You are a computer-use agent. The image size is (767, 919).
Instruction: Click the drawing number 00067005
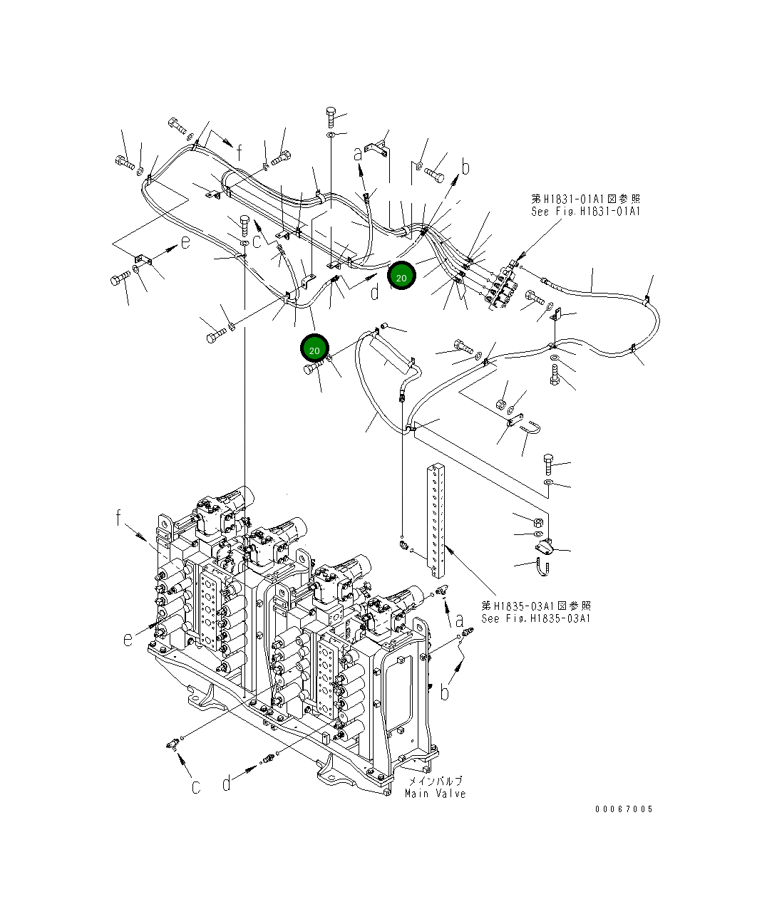[624, 809]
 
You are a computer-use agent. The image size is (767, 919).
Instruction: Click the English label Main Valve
[435, 794]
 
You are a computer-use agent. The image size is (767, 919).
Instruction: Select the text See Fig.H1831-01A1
[585, 212]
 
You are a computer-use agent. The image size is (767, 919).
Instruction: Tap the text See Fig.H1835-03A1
[535, 618]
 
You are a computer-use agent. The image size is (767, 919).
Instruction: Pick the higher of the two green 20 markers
[401, 276]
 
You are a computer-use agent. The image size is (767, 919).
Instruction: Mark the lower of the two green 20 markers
[314, 349]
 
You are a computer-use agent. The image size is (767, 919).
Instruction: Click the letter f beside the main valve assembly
[119, 519]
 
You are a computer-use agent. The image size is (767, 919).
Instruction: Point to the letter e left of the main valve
[128, 639]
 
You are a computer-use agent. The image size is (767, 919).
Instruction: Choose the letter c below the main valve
[195, 786]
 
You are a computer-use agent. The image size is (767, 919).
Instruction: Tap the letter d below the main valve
[227, 784]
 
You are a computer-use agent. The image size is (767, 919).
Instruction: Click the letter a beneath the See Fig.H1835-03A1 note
[460, 621]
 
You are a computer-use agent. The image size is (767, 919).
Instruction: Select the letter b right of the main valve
[446, 691]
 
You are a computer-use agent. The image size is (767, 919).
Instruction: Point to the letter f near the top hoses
[240, 152]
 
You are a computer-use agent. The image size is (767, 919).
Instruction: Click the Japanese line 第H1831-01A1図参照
[585, 199]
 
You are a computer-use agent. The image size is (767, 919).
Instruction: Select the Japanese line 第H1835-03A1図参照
[535, 606]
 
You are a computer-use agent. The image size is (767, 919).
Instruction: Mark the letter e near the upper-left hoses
[185, 242]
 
